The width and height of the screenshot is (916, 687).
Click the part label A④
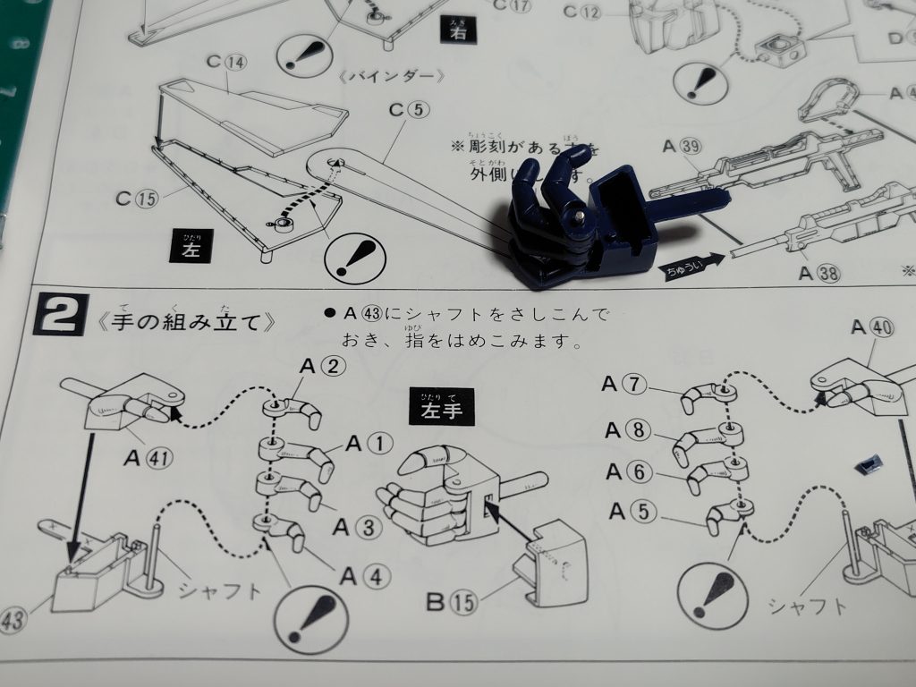(364, 578)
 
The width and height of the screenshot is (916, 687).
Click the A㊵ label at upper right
(872, 327)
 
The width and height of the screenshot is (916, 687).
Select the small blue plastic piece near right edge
(867, 464)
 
